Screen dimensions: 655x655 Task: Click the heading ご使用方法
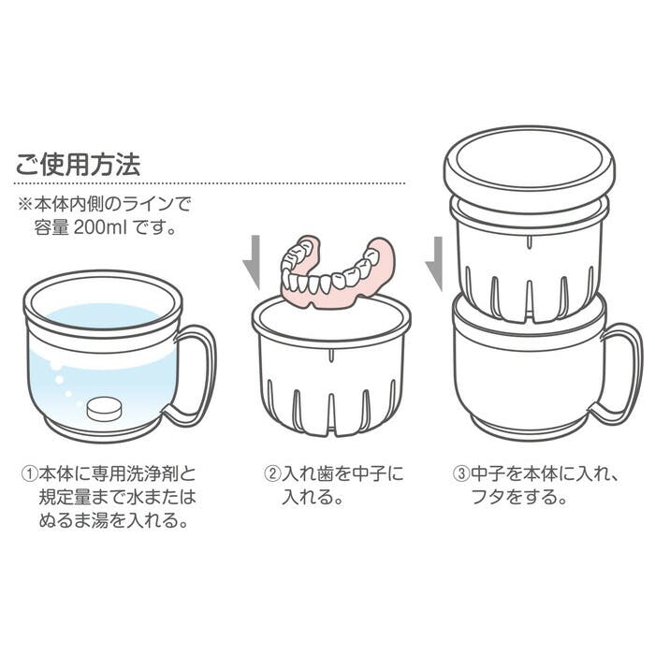point(78,166)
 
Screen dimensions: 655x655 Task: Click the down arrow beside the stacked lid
point(432,263)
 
